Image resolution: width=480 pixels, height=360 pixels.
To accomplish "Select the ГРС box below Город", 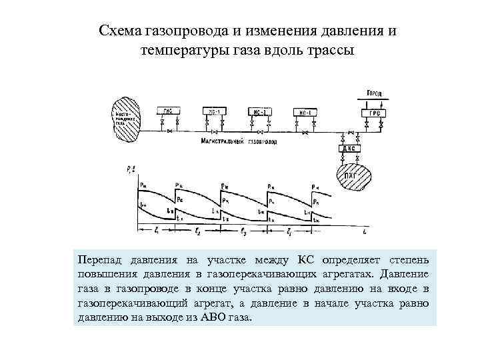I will tap(375, 113).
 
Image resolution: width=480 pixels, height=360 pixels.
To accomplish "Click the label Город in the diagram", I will tap(374, 92).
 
